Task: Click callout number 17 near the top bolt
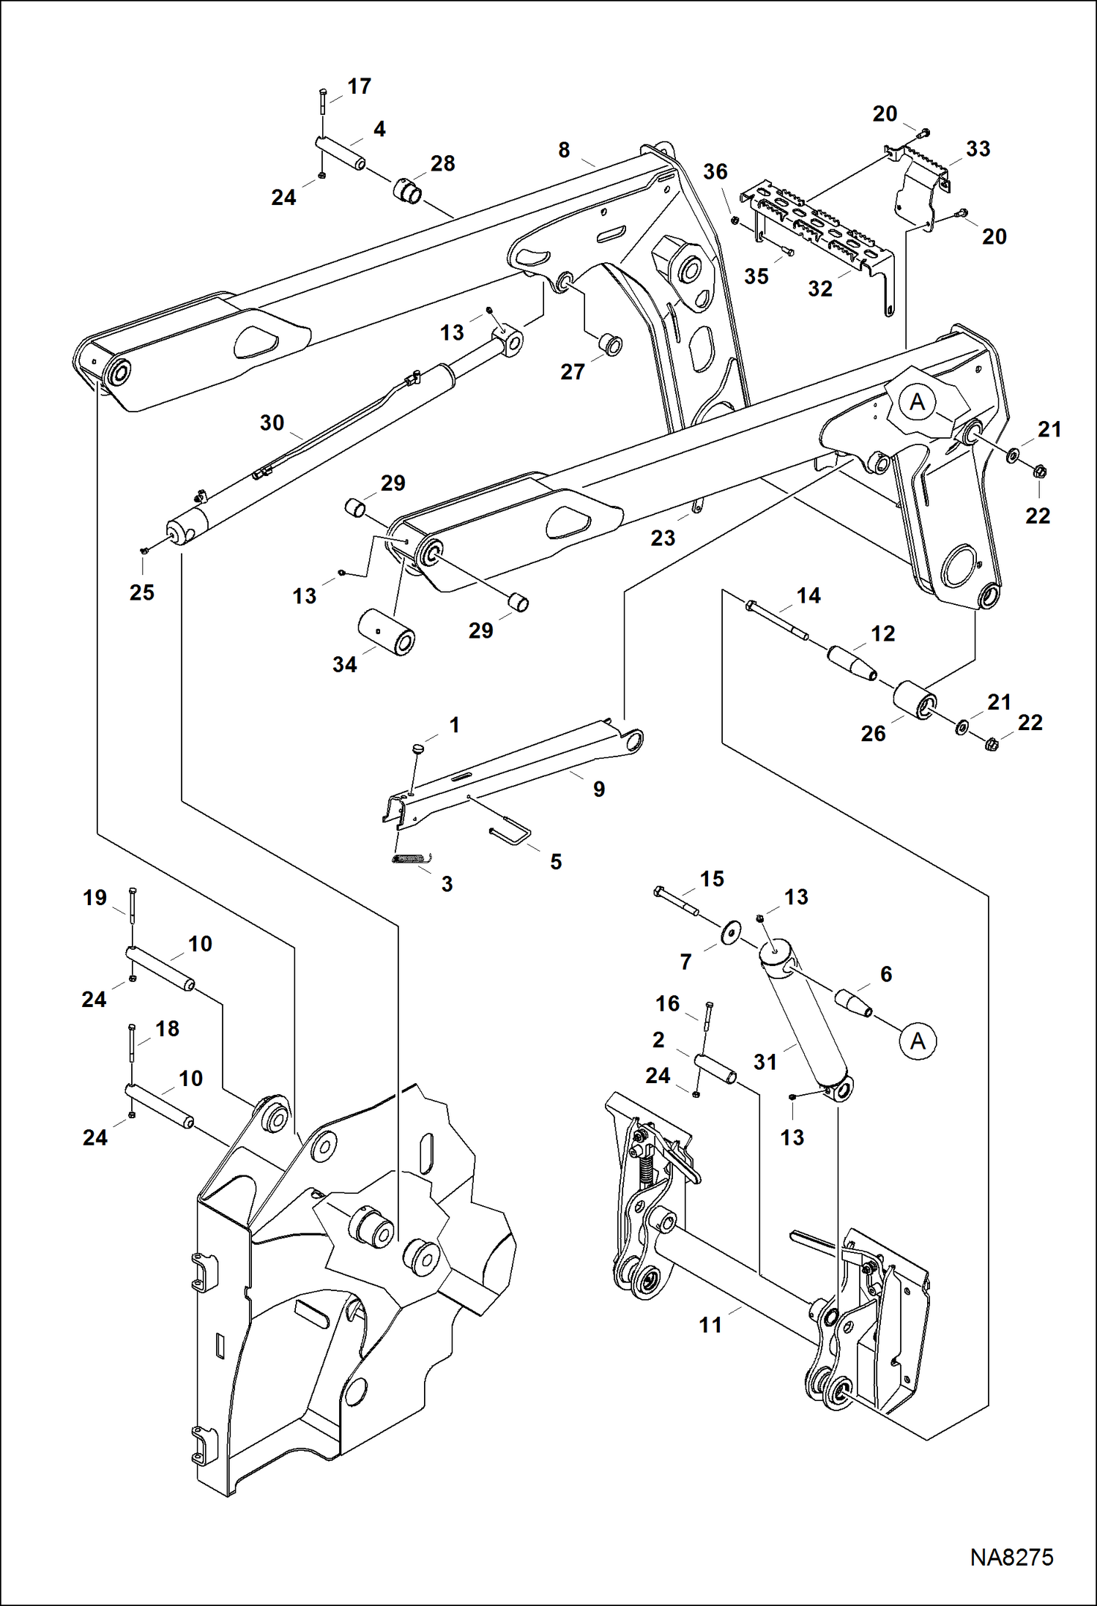[x=359, y=86]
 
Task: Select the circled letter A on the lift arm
[x=917, y=402]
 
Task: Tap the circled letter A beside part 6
[x=918, y=1041]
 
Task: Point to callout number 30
[x=272, y=423]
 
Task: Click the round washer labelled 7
[x=729, y=934]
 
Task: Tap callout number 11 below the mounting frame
[x=710, y=1325]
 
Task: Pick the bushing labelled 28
[x=408, y=192]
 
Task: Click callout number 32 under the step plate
[x=820, y=289]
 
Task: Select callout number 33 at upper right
[x=978, y=149]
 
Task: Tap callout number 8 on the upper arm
[x=564, y=150]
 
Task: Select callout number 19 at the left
[x=94, y=898]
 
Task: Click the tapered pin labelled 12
[x=852, y=663]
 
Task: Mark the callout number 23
[x=663, y=538]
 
